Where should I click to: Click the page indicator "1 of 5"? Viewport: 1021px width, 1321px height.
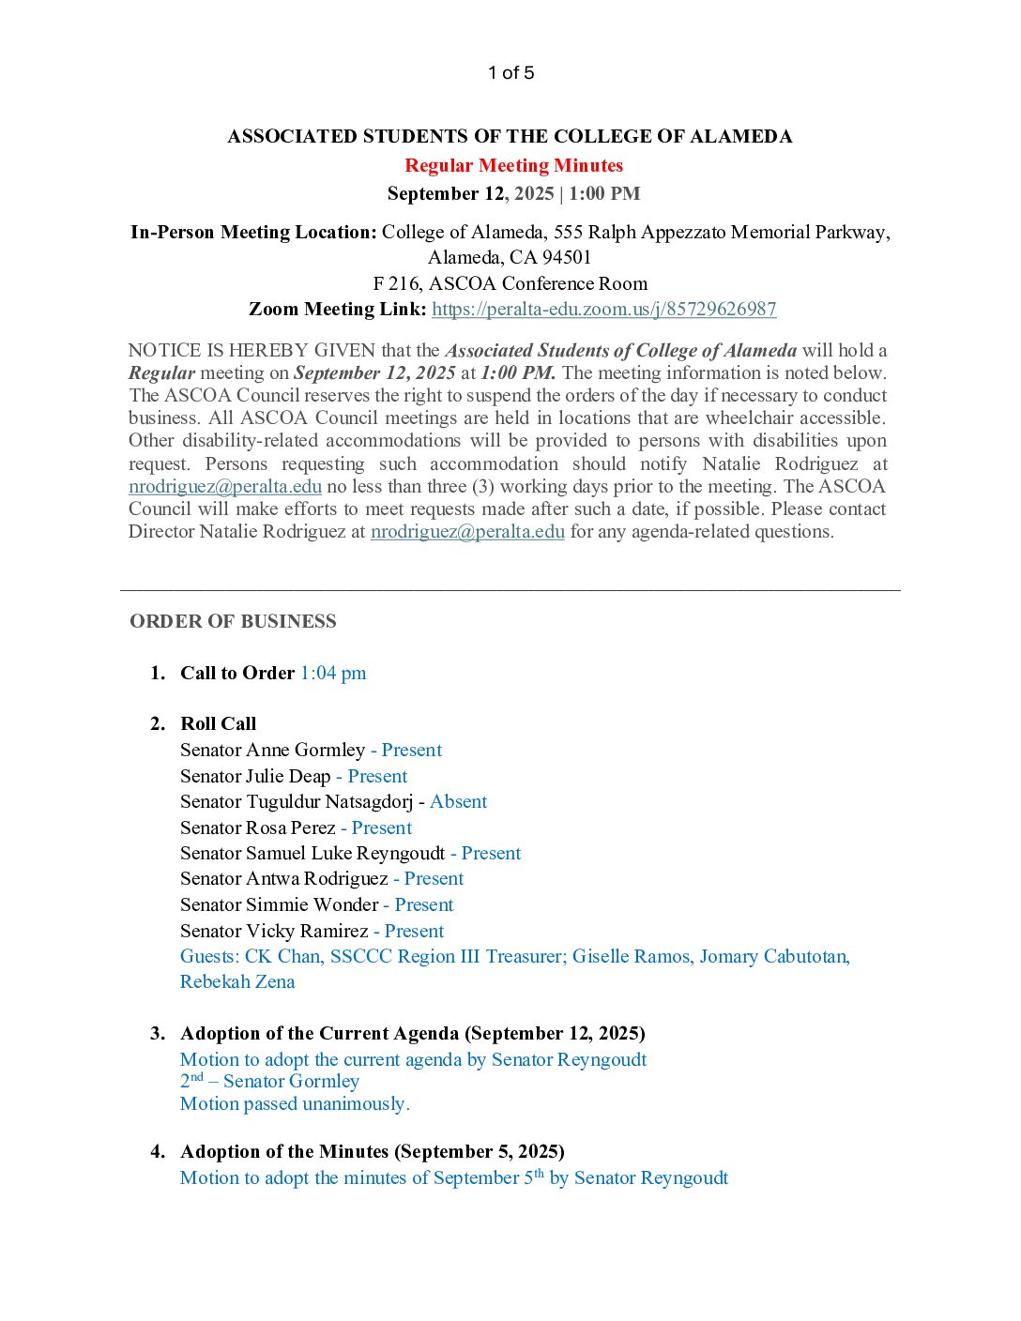pyautogui.click(x=510, y=73)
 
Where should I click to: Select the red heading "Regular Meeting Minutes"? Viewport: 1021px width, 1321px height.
pyautogui.click(x=513, y=166)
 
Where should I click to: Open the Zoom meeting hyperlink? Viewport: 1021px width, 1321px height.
pyautogui.click(x=603, y=310)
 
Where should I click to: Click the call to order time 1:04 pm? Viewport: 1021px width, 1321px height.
pyautogui.click(x=333, y=674)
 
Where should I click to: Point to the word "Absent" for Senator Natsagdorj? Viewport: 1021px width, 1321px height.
pyautogui.click(x=458, y=802)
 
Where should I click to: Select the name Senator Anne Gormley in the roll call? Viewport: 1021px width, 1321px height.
pyautogui.click(x=272, y=751)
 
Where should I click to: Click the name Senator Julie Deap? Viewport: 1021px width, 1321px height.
pyautogui.click(x=255, y=777)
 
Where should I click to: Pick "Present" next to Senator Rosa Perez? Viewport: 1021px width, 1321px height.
pyautogui.click(x=381, y=828)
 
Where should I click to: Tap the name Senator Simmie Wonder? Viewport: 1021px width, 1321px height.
pyautogui.click(x=279, y=905)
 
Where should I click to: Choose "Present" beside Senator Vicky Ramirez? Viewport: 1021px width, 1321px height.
pyautogui.click(x=414, y=932)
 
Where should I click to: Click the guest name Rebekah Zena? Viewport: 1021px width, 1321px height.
pyautogui.click(x=237, y=982)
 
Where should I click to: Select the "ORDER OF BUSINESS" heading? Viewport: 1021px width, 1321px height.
pyautogui.click(x=233, y=622)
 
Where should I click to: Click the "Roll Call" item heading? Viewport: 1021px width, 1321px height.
pyautogui.click(x=218, y=724)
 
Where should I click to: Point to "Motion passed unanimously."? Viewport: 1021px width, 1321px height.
pyautogui.click(x=295, y=1104)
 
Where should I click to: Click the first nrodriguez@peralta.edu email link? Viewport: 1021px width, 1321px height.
pyautogui.click(x=225, y=487)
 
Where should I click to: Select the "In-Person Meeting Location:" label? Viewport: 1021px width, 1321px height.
pyautogui.click(x=253, y=233)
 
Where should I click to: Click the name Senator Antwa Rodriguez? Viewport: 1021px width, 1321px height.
pyautogui.click(x=283, y=879)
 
